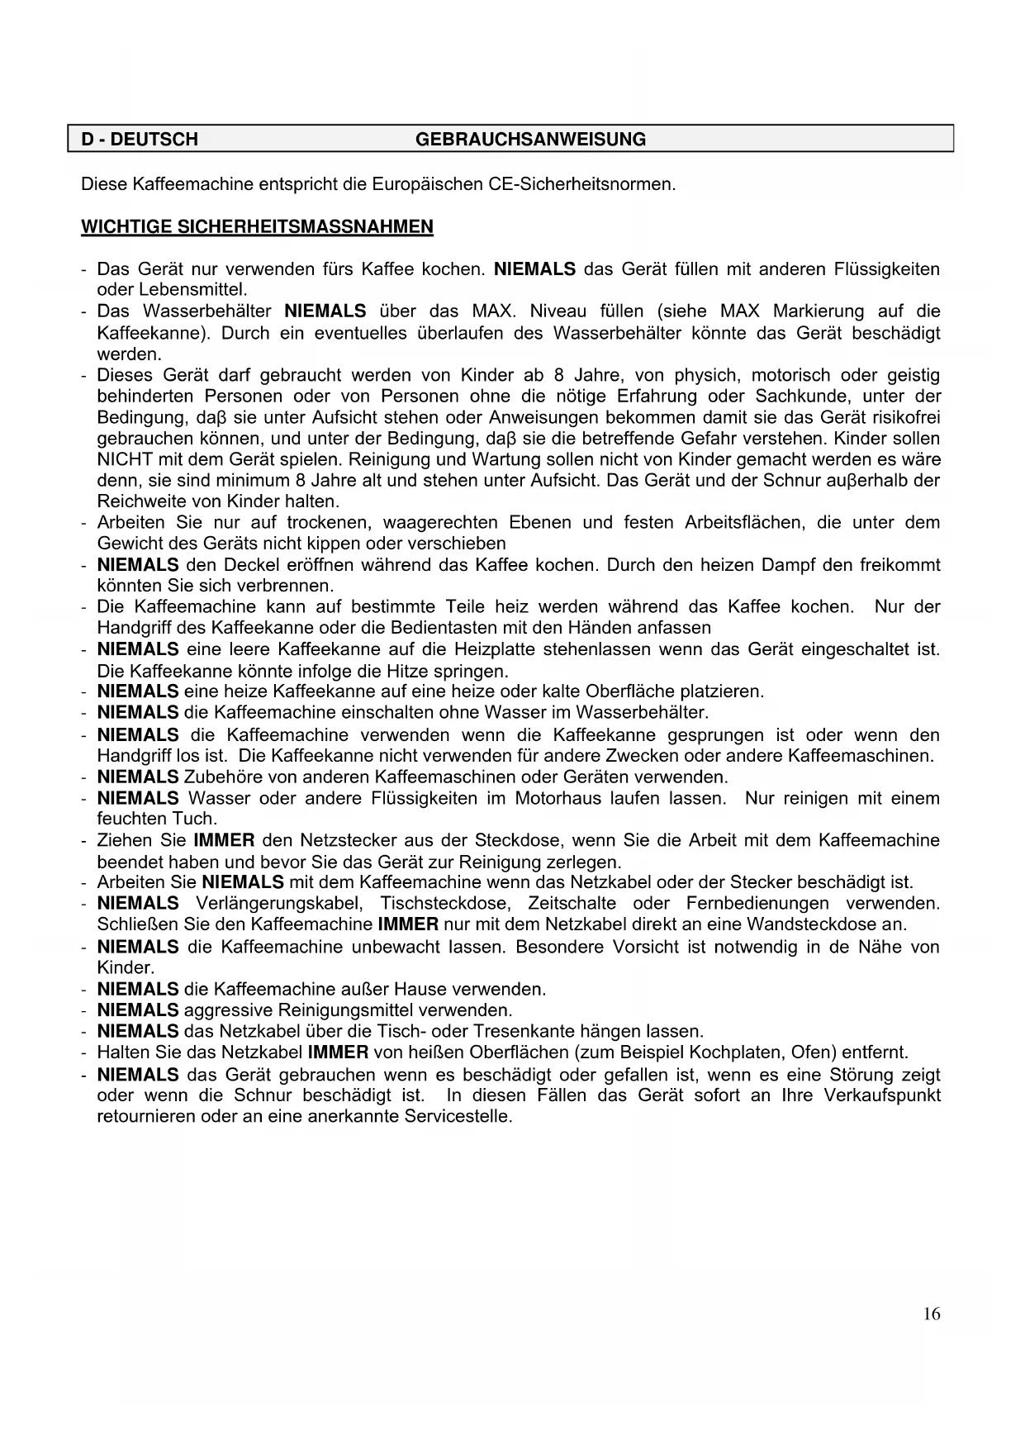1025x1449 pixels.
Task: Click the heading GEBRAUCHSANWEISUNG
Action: click(x=530, y=139)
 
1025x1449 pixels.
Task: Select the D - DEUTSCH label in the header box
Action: click(x=140, y=139)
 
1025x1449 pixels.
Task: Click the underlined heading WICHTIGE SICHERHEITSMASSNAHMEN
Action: click(x=257, y=226)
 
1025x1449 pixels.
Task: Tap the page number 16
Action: click(x=932, y=1314)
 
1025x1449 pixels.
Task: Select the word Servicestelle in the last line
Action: click(x=458, y=1117)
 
